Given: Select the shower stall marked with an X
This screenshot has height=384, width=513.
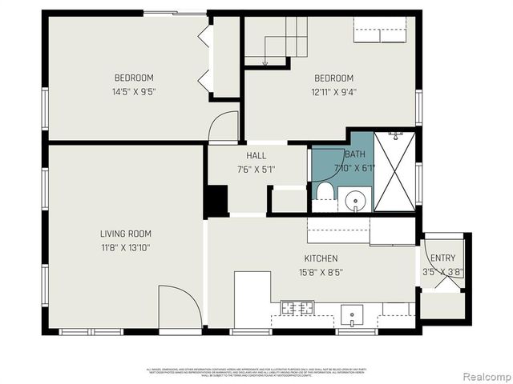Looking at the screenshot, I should coord(394,170).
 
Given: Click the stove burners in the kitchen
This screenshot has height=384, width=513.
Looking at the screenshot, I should coord(297,307).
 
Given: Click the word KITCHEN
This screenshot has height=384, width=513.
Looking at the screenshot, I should coord(321,258).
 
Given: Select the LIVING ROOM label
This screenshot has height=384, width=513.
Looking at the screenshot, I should coord(126,234).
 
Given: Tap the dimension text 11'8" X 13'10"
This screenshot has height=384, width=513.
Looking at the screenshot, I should coord(126,247).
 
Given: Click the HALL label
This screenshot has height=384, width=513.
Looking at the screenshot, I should coord(256,155).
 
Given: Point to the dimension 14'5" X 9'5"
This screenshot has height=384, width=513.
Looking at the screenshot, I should coord(134,91).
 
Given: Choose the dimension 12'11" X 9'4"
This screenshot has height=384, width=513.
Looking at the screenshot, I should coord(333,91).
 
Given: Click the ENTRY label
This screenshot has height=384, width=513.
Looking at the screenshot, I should coord(442,258).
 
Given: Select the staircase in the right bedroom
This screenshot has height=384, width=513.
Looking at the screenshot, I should coord(277,40).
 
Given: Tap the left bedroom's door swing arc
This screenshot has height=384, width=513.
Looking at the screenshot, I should coord(224,126).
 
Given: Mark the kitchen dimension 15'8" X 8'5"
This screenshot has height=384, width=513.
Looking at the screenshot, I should coord(321,272).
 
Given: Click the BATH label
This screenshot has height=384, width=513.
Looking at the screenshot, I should coord(355,154).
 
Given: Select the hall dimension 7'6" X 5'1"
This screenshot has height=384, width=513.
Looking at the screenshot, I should coord(256,169).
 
